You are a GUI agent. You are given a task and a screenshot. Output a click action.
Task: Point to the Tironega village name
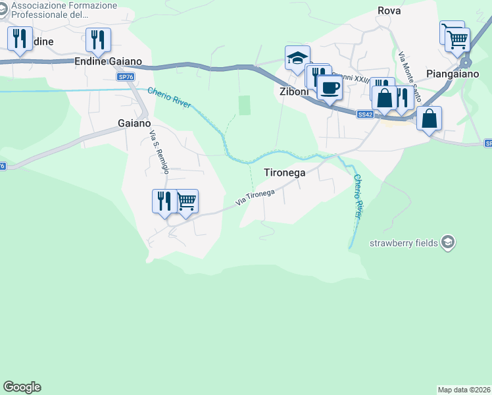coord(285,172)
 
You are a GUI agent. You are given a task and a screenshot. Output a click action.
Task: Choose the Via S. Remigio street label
coord(160,152)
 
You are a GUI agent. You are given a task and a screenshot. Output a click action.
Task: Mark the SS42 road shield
coord(366,114)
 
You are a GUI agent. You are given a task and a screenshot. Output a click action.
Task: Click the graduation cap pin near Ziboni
coord(297,58)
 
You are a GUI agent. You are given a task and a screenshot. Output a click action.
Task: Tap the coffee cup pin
coord(330,87)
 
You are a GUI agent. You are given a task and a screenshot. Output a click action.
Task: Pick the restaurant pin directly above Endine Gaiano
coord(98,39)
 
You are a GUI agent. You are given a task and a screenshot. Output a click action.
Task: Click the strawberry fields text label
coord(404,243)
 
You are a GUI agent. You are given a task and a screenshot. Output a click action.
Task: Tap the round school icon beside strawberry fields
coord(447,243)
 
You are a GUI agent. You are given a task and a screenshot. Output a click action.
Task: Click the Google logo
coord(22,387)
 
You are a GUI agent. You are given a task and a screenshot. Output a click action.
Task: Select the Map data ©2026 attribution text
coord(464,390)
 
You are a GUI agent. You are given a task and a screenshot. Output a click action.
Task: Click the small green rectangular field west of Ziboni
coord(245,105)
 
